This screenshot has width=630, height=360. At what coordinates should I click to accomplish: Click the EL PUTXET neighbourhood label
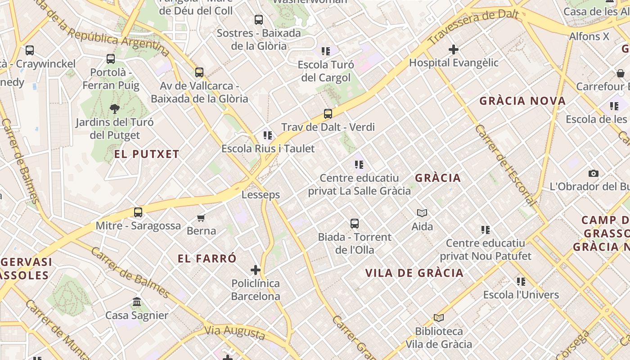[x=147, y=154]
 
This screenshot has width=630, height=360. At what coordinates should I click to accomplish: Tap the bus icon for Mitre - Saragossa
[x=138, y=212]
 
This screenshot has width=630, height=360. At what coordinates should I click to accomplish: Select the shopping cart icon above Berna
[x=201, y=218]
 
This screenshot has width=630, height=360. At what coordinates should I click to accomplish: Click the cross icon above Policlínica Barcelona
[x=256, y=270]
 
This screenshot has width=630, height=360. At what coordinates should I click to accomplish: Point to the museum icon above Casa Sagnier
[x=137, y=302]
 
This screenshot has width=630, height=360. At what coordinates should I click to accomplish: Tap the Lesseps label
[x=261, y=195]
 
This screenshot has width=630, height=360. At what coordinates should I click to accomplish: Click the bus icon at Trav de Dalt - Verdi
[x=328, y=113]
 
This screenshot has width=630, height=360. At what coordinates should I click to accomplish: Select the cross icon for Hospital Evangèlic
[x=454, y=49]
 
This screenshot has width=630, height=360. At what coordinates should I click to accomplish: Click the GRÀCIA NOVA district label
[x=522, y=101]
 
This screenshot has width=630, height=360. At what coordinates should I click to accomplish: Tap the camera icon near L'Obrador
[x=594, y=173]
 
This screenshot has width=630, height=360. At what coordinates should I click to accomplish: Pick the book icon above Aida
[x=422, y=213]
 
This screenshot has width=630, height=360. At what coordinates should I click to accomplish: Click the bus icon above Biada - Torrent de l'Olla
[x=355, y=223]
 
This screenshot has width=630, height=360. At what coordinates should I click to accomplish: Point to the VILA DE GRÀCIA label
[x=414, y=273]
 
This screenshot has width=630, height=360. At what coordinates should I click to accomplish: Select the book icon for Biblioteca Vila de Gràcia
[x=439, y=318]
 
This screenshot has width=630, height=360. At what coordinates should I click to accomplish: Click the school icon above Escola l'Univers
[x=521, y=282]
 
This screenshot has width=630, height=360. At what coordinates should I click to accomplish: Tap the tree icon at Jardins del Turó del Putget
[x=114, y=108]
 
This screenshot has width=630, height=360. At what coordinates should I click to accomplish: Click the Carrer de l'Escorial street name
[x=506, y=165]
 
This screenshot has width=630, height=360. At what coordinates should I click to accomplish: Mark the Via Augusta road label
[x=234, y=332]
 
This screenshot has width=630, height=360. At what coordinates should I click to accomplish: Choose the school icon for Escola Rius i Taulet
[x=268, y=135]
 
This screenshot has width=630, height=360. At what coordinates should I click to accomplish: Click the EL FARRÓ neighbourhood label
[x=207, y=259]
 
